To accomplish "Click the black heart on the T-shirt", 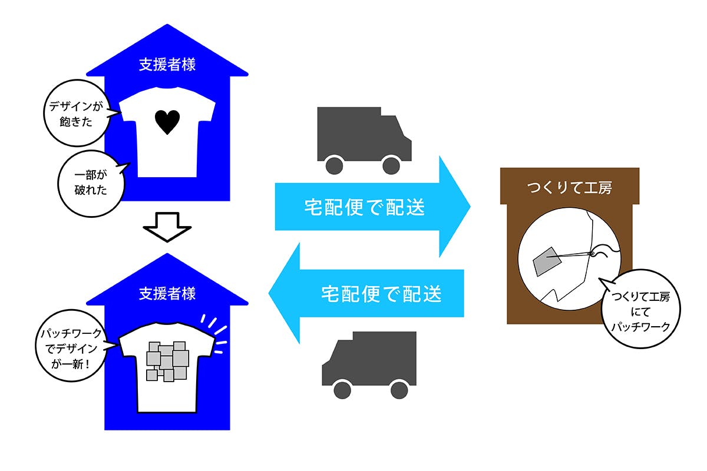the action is coord(167,122).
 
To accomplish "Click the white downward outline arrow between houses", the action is coord(167,227).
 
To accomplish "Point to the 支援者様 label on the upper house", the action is coord(167,65).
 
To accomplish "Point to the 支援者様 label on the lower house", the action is coord(167,294).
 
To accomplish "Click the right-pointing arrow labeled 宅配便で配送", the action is coord(373,207).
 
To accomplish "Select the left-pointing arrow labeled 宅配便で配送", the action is coord(366,293).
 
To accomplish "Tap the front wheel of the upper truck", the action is coord(391,165).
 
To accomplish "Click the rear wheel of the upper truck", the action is coord(334,165).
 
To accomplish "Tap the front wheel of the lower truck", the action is coord(342,390).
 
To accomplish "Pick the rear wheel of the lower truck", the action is coord(399,390).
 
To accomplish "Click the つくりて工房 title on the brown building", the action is coord(570,188).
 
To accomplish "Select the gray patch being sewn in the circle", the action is coord(547,261).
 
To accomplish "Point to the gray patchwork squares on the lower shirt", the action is coord(167,361).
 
